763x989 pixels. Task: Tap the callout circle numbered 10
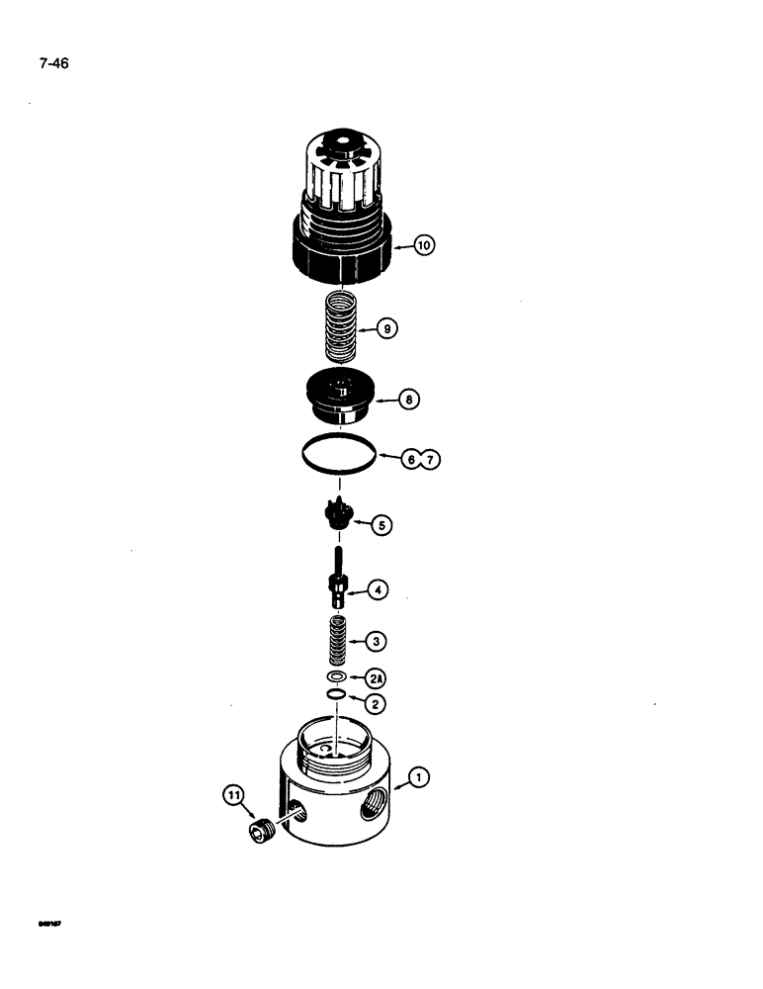point(425,245)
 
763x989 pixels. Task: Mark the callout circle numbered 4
point(378,590)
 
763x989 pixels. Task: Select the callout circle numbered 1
point(419,779)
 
